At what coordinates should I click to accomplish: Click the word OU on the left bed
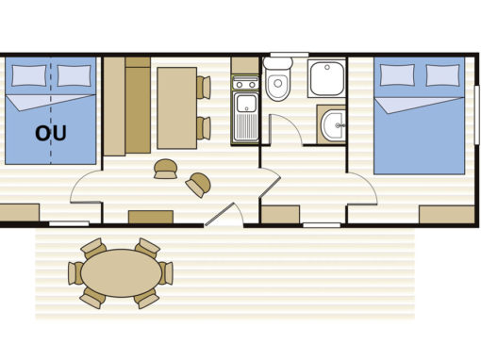point(51,133)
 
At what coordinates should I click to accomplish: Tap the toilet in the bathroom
point(277,79)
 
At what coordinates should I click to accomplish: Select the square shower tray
point(326,78)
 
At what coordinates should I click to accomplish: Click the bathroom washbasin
point(333,125)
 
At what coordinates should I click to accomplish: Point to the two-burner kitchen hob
point(245,84)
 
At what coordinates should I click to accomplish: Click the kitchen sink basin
point(246,104)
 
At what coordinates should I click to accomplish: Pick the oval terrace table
point(121,273)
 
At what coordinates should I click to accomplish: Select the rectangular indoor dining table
point(177,107)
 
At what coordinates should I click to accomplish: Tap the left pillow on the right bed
point(397,74)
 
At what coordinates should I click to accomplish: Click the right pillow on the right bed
point(442,75)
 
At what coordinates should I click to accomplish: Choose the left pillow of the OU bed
point(29,75)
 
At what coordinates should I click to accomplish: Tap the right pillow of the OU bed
point(74,75)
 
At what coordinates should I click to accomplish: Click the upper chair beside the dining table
point(204,88)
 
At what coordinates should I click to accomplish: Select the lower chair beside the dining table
point(204,128)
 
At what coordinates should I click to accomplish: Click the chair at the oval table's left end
point(75,273)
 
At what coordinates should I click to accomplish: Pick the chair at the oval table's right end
point(166,273)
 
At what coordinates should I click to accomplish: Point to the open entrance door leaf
point(220,215)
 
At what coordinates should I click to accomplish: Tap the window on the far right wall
point(477,115)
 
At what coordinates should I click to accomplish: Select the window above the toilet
point(290,55)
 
